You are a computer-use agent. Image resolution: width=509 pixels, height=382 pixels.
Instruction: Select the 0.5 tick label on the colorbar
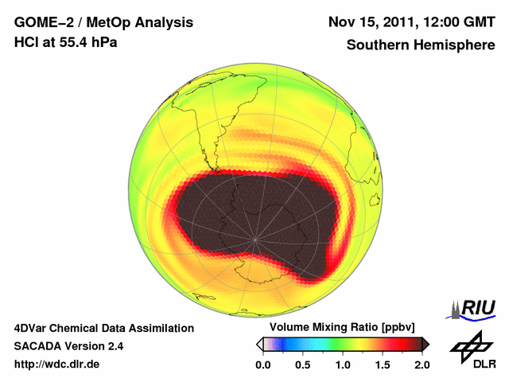(302, 364)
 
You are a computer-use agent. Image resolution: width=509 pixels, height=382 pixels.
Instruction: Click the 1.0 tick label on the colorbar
(342, 364)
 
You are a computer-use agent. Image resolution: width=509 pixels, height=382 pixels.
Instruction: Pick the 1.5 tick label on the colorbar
(382, 364)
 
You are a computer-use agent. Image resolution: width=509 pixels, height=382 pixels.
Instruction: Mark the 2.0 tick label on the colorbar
(422, 364)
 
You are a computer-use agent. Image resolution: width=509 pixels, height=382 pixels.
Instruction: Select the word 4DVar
(33, 328)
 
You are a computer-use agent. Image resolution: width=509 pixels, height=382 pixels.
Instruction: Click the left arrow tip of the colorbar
(259, 344)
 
